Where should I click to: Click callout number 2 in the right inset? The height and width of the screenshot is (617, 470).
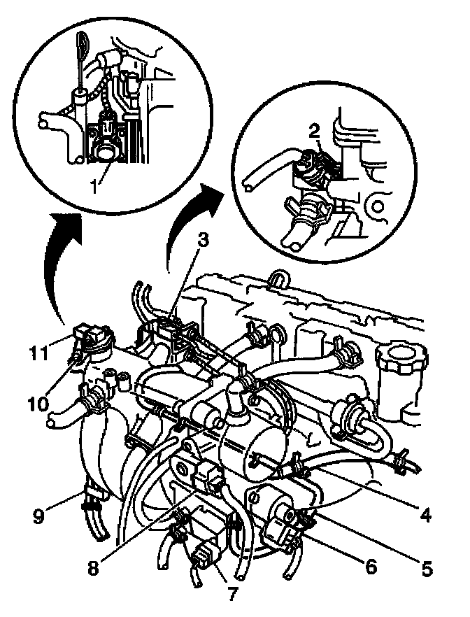click(x=315, y=130)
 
